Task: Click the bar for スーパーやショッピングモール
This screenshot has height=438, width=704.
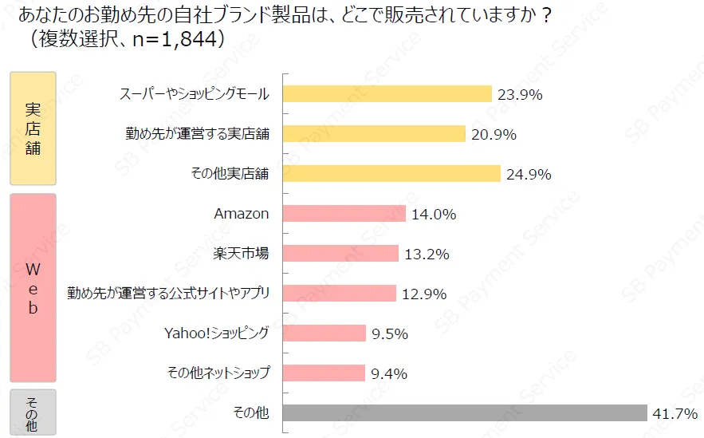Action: pyautogui.click(x=387, y=94)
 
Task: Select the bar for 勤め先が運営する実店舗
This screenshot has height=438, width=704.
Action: pyautogui.click(x=374, y=134)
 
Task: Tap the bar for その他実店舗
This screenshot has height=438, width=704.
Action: pyautogui.click(x=391, y=174)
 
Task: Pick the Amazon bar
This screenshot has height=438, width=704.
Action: pyautogui.click(x=344, y=214)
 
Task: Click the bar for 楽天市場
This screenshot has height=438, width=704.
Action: pyautogui.click(x=340, y=254)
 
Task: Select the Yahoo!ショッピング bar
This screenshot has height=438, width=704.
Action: pyautogui.click(x=324, y=333)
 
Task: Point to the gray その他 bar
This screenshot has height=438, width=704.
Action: pyautogui.click(x=465, y=413)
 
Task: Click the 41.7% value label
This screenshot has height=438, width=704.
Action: pyautogui.click(x=675, y=414)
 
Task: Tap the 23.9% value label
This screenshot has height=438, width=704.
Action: pyautogui.click(x=520, y=95)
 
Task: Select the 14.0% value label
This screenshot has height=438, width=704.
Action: pyautogui.click(x=434, y=215)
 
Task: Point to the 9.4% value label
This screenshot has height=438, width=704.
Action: pyautogui.click(x=390, y=374)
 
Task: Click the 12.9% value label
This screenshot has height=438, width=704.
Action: pyautogui.click(x=424, y=294)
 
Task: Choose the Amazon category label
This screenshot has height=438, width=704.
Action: pyautogui.click(x=242, y=214)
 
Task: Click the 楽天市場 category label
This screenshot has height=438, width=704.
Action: pyautogui.click(x=241, y=254)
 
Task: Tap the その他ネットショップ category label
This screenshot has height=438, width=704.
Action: pyautogui.click(x=218, y=373)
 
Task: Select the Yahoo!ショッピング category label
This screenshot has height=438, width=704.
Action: pyautogui.click(x=216, y=333)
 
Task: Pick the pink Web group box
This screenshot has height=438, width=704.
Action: pyautogui.click(x=33, y=287)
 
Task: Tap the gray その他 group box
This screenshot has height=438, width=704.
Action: pyautogui.click(x=33, y=412)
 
